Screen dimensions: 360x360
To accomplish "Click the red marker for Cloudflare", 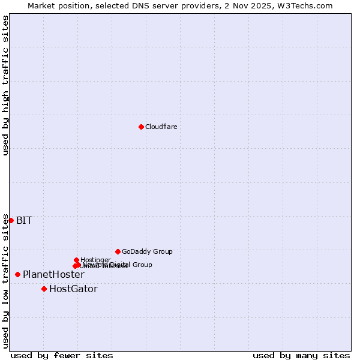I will click(141, 127).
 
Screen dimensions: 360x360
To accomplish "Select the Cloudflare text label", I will click(161, 127).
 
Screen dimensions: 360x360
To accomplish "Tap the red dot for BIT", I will click(11, 220).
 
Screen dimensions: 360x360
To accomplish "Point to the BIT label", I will click(24, 220).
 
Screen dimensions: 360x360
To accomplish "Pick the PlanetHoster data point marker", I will click(17, 274).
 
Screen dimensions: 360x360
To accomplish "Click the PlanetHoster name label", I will click(53, 274).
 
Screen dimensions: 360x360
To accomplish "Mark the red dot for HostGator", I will click(44, 289).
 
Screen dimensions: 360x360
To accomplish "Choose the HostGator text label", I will click(73, 289).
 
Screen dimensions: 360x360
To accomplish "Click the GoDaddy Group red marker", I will click(118, 251).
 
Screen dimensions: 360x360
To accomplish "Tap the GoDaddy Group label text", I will click(147, 251).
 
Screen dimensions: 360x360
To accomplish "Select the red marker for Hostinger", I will click(76, 260).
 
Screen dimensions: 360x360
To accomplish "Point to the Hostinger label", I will click(95, 260).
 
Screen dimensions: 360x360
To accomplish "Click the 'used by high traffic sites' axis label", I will click(6, 85).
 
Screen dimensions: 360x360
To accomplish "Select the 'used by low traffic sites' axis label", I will click(6, 280).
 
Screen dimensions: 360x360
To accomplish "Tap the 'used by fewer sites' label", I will click(62, 355).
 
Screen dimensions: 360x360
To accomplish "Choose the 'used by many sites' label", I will click(301, 355).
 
